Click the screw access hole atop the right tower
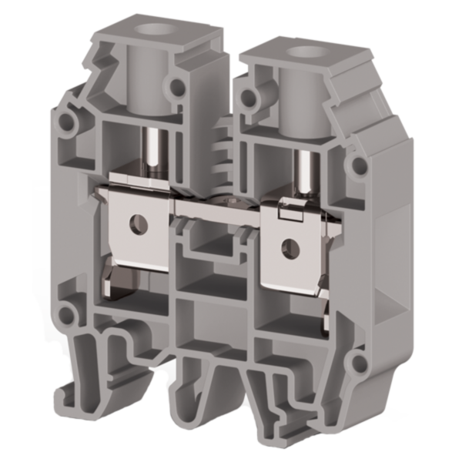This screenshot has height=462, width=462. pyautogui.click(x=299, y=53)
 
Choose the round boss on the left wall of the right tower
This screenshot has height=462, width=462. pyautogui.click(x=249, y=97)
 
